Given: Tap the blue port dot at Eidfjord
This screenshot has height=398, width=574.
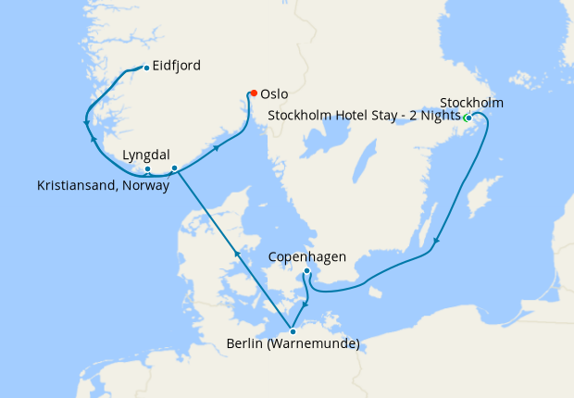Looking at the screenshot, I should point(146,68).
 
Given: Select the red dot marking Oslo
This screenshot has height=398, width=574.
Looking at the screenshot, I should point(253,93).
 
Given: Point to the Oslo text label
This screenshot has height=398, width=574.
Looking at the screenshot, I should point(275,94).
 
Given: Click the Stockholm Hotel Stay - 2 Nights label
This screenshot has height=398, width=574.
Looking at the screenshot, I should point(364,117).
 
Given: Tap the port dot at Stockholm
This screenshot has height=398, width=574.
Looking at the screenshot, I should point(468,118).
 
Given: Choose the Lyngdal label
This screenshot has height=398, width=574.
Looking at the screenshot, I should point(146,155).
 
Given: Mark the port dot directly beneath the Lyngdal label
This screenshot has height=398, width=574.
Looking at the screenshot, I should point(147,168).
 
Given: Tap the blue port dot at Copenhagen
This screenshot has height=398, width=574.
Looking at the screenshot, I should point(307,271).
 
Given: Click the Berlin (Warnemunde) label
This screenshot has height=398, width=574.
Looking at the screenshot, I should point(292,346).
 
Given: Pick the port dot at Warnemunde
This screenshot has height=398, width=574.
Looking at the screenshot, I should point(293,330).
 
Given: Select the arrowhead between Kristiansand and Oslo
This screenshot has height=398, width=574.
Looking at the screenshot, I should point(217,146).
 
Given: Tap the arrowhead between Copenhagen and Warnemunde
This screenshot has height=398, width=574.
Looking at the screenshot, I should point(306,303).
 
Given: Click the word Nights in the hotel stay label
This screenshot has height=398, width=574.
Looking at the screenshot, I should point(440,117).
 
